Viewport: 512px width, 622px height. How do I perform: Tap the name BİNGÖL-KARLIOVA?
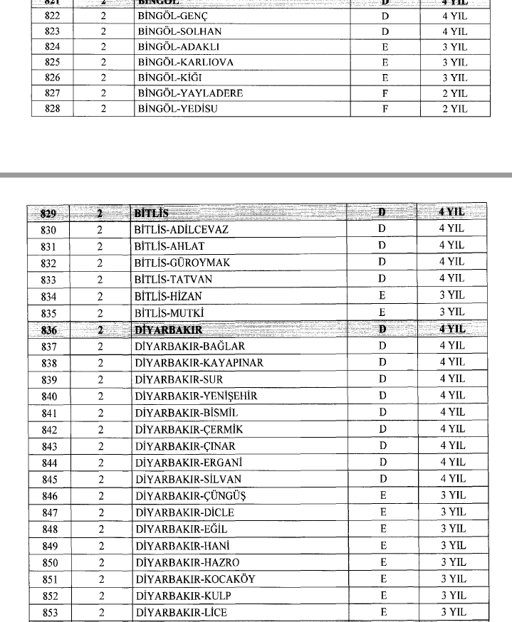pyautogui.click(x=186, y=62)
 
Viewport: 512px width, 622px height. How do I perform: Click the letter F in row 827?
pyautogui.click(x=385, y=93)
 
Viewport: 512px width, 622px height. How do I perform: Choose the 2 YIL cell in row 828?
pyautogui.click(x=453, y=108)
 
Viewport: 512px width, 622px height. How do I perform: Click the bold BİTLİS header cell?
pyautogui.click(x=151, y=213)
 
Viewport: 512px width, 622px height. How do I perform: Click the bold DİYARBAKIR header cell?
pyautogui.click(x=168, y=330)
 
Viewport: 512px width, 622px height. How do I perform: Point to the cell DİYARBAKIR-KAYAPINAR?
pyautogui.click(x=199, y=362)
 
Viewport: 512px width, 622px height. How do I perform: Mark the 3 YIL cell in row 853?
pyautogui.click(x=453, y=611)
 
